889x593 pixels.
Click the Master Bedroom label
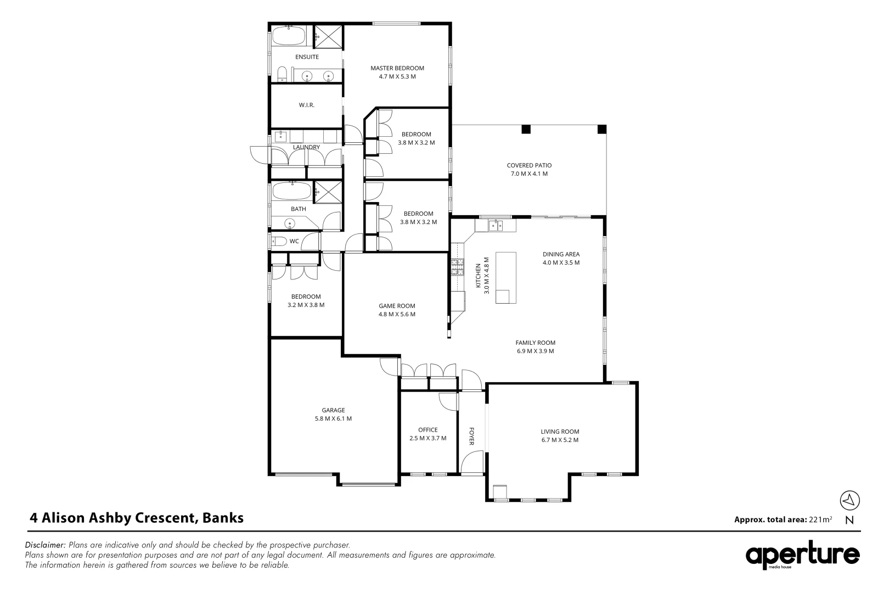tap(397, 68)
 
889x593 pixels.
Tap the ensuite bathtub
tap(289, 36)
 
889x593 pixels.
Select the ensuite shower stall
tap(328, 37)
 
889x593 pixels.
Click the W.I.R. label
tap(306, 105)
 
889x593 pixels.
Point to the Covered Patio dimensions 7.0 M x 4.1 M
tap(529, 174)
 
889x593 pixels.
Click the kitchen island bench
tap(505, 278)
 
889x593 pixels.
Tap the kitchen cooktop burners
tap(457, 267)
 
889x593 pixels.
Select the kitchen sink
tap(496, 226)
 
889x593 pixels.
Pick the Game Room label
tap(397, 306)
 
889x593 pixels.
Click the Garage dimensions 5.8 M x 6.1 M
tap(334, 418)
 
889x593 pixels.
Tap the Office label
tap(428, 430)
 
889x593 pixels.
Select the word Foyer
tap(471, 436)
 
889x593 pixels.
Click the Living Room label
tap(560, 432)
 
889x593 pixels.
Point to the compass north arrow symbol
tap(849, 500)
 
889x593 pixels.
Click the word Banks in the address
tap(223, 518)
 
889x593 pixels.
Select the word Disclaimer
tap(45, 545)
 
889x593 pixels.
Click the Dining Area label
tap(561, 254)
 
